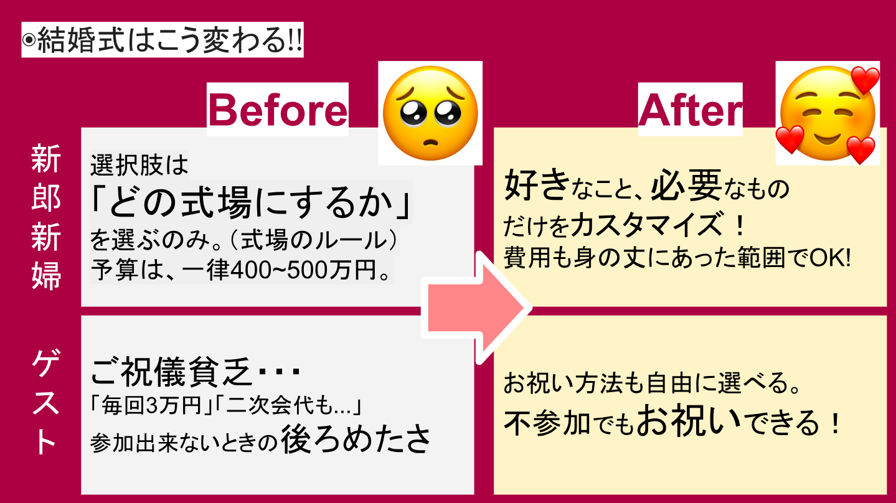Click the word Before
coord(278,110)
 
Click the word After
coord(691,110)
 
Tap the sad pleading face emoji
coord(430,113)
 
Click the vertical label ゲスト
coord(46,402)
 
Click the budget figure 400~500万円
coord(309,270)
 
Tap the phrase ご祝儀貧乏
coord(172,372)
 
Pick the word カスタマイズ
coord(647,225)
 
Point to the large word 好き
coord(537,185)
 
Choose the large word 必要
coord(686,185)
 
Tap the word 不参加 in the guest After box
coord(547,423)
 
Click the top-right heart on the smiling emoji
coord(865,80)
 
